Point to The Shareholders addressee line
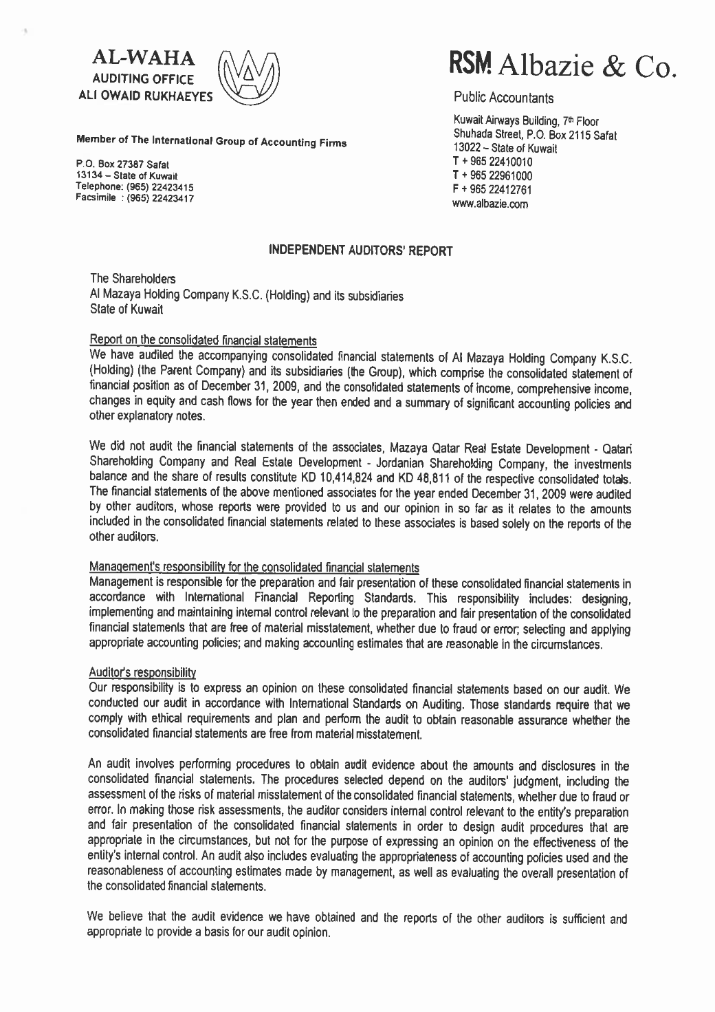point(133,279)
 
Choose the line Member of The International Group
point(213,143)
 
